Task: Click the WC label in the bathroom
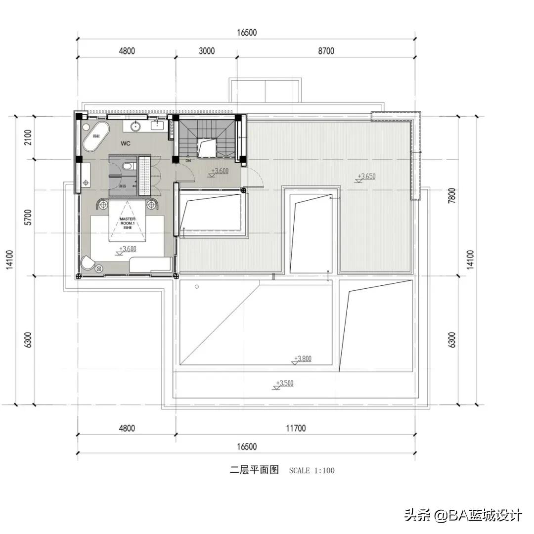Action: (x=126, y=143)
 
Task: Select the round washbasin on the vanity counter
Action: (x=136, y=127)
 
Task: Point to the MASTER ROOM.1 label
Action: (x=128, y=221)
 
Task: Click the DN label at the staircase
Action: (x=188, y=161)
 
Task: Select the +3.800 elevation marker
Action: (x=303, y=359)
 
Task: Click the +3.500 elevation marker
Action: (x=285, y=383)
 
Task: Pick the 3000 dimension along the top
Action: (x=207, y=51)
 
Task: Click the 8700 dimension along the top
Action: (x=326, y=51)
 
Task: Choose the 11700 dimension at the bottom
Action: (x=295, y=428)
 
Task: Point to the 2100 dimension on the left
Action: (x=28, y=137)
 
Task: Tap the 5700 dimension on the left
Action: (x=28, y=218)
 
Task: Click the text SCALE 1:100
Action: (x=311, y=470)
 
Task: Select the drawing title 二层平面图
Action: (x=255, y=470)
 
